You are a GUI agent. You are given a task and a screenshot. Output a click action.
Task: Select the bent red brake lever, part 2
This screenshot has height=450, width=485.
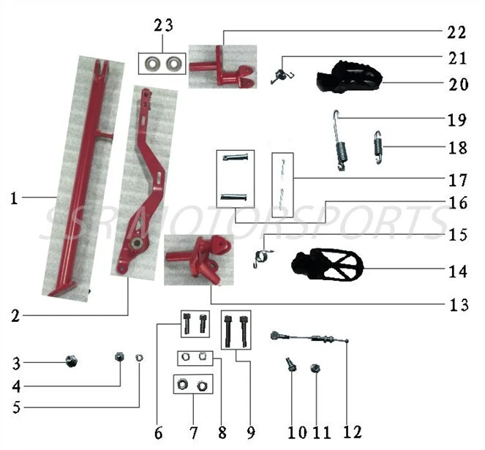pos(146,183)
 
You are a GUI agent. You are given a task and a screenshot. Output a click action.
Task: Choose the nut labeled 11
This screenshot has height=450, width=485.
pos(316,368)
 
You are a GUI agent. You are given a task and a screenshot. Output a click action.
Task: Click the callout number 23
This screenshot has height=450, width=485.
pos(163,25)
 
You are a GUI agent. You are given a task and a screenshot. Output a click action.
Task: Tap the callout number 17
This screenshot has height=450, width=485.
pos(459,177)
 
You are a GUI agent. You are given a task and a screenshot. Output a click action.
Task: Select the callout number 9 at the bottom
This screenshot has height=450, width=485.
pos(250,432)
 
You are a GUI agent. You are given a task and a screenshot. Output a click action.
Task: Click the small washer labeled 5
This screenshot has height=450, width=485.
pos(140,357)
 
